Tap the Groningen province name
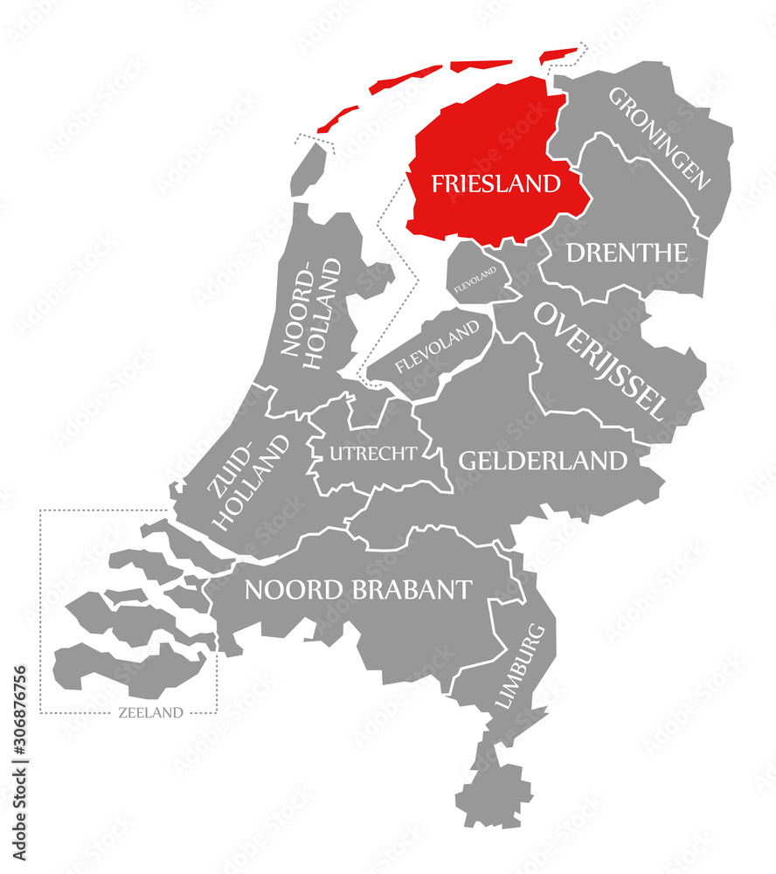coord(659,138)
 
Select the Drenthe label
coord(627,253)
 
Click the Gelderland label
coord(543,460)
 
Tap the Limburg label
coord(525,665)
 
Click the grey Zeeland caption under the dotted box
coord(150,712)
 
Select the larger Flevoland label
coord(437,346)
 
